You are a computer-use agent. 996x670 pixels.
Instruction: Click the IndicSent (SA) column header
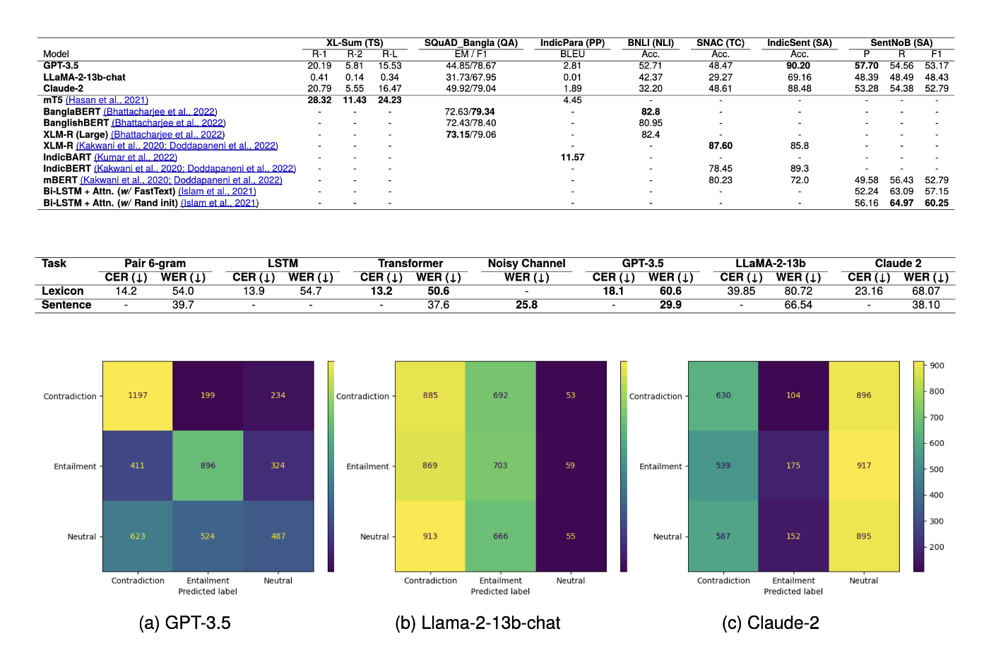point(799,42)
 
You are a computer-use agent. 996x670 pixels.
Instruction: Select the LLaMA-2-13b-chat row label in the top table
point(84,77)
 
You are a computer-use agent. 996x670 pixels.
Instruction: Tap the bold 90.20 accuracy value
point(799,66)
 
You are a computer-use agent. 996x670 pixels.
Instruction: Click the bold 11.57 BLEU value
point(572,157)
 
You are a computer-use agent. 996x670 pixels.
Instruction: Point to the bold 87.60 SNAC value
point(721,146)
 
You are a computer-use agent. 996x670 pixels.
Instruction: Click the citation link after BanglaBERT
point(160,112)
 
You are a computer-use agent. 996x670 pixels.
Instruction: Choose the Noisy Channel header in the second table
point(526,264)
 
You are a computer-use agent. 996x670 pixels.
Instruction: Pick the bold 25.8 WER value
point(526,305)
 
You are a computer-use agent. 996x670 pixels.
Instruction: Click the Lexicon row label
point(62,291)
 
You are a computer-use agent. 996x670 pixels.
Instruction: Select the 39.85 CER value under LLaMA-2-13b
point(741,291)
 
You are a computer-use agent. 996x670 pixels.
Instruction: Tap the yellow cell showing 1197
point(138,395)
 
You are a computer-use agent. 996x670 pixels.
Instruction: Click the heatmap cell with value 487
point(278,536)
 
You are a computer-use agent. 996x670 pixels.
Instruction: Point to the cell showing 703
point(500,465)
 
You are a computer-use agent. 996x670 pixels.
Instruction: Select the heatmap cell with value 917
point(864,465)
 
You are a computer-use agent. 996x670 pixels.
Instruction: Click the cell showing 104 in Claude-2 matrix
point(793,395)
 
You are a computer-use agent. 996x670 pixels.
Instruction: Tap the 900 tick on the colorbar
point(937,365)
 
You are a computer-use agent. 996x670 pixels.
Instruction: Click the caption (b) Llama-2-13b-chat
point(478,623)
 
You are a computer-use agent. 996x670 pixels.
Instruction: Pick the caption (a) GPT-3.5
point(184,623)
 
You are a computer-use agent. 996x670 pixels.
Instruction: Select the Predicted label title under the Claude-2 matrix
point(793,592)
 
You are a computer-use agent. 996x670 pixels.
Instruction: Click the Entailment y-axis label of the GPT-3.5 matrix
point(75,466)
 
